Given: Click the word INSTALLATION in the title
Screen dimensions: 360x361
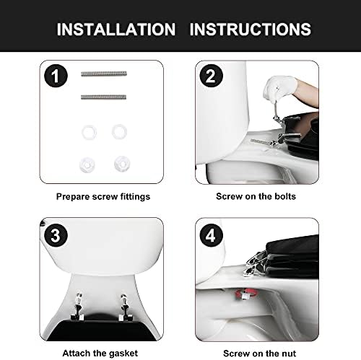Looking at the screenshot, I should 116,30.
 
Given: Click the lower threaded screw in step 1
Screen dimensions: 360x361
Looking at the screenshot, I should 104,97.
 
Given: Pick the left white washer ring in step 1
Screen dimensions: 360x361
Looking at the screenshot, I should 90,131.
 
